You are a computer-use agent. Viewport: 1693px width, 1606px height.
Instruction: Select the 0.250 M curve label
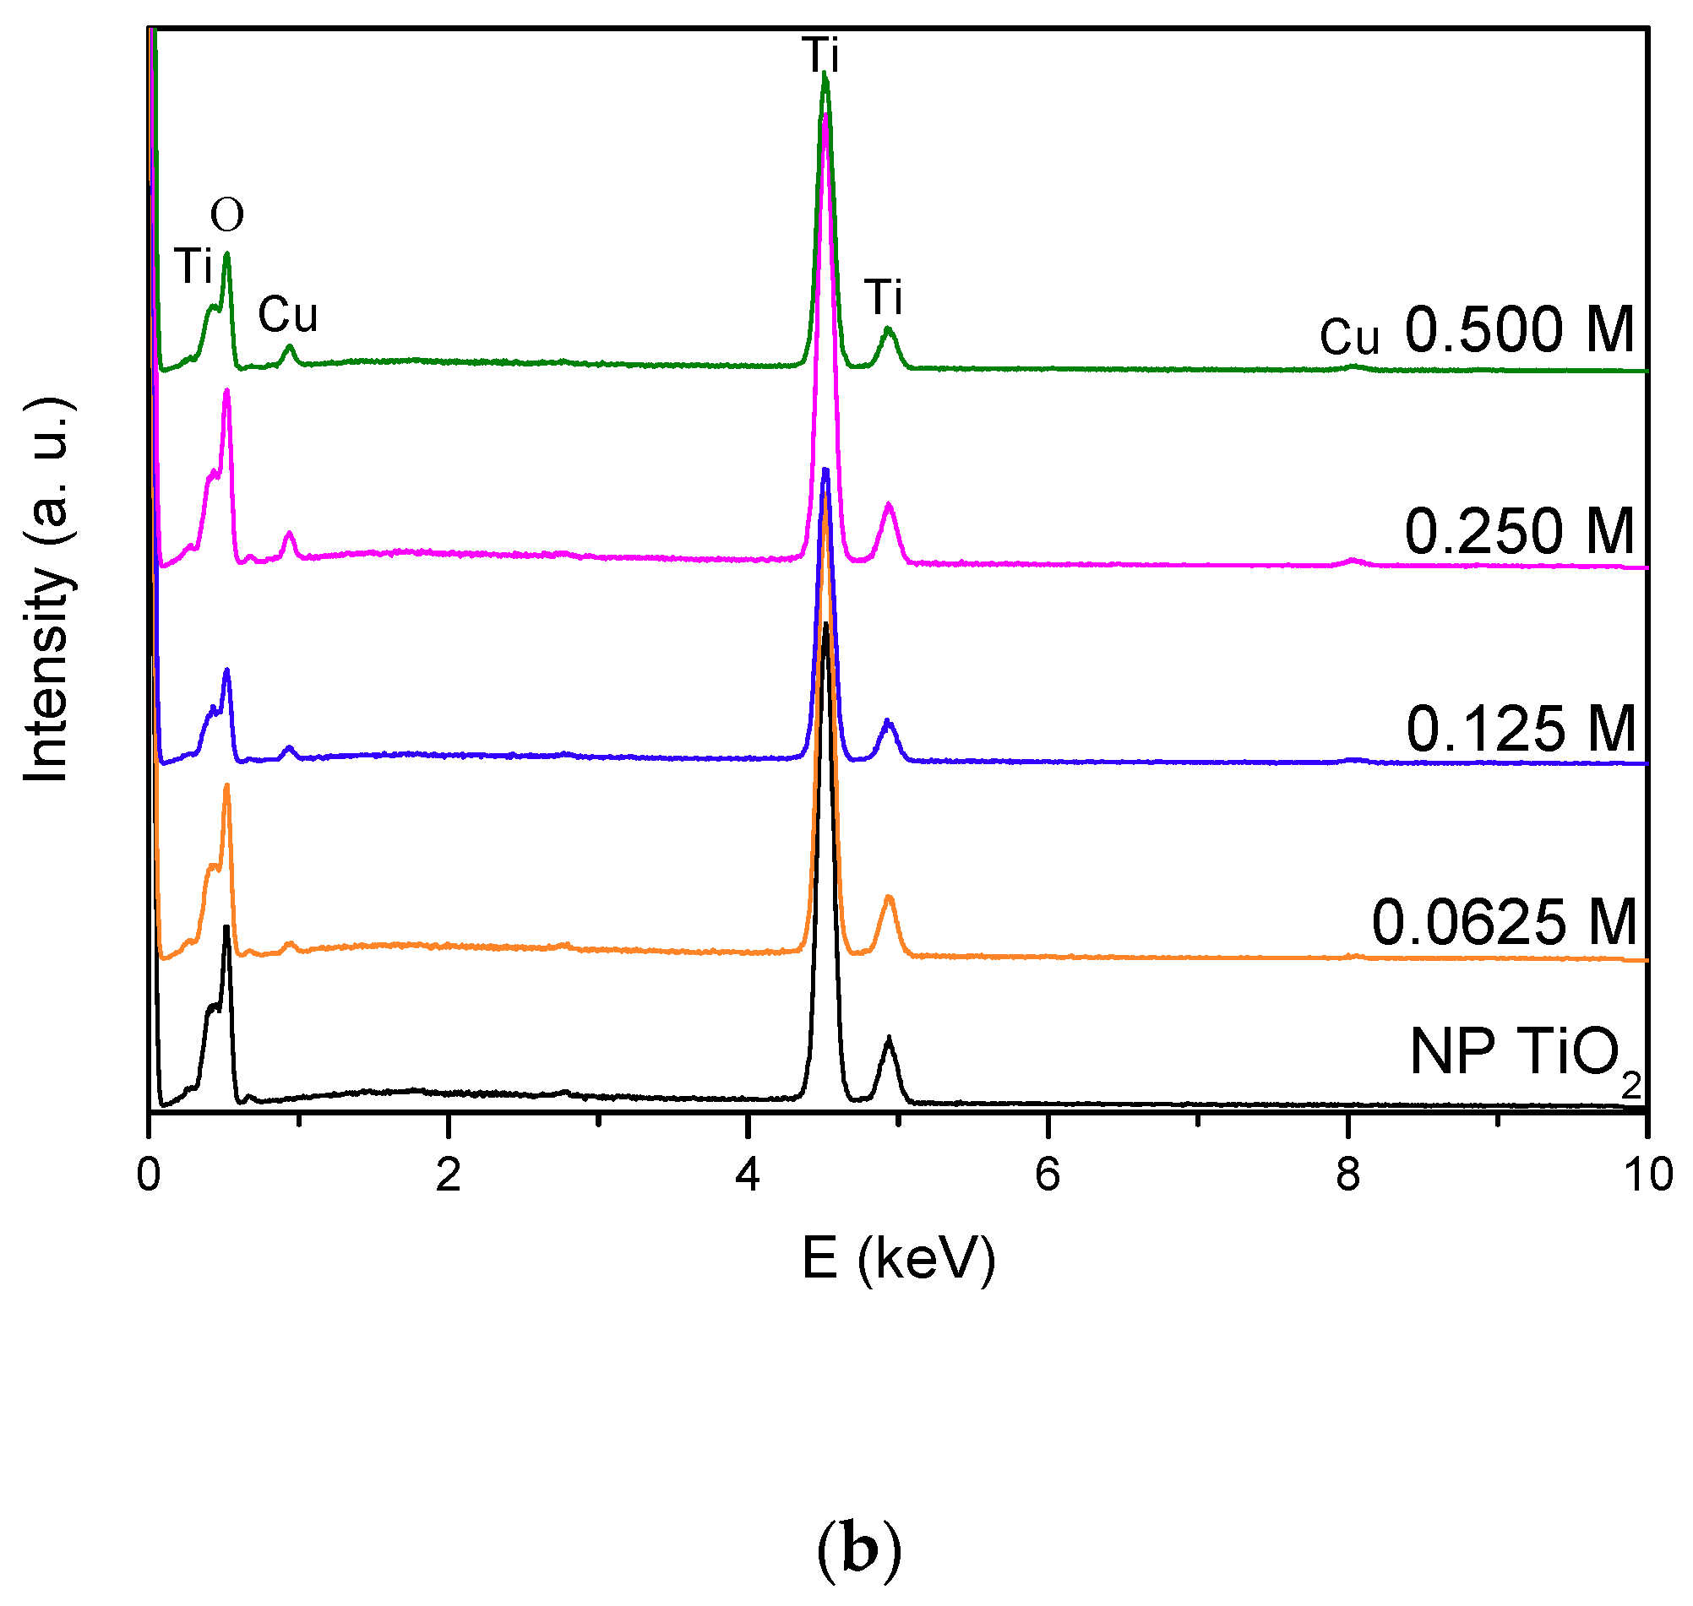(1517, 532)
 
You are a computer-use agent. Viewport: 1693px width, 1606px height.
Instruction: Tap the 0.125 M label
(1519, 730)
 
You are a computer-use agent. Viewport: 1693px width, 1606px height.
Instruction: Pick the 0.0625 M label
(1502, 923)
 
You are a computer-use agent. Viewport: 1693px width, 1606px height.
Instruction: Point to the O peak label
(227, 214)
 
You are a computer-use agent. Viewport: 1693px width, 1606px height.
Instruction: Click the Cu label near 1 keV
(288, 315)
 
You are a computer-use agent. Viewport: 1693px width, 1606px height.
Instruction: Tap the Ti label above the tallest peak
(821, 56)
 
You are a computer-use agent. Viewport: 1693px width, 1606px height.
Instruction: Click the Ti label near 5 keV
(883, 298)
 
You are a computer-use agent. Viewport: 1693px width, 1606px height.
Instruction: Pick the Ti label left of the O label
(193, 266)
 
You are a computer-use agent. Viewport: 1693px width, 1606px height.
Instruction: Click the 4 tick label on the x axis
(748, 1175)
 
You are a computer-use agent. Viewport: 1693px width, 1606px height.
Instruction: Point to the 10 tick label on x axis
(1646, 1175)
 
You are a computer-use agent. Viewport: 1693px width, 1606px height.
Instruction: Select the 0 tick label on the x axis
(149, 1175)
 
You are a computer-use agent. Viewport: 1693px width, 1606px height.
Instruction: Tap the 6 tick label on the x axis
(1047, 1175)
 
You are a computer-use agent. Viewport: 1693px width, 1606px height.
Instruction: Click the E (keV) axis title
(898, 1258)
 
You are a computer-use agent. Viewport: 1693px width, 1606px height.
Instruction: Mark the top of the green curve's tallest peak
(824, 74)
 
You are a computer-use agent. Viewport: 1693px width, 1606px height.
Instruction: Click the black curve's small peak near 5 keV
(889, 1039)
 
